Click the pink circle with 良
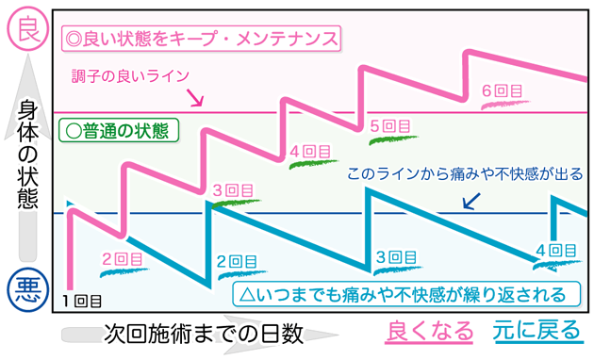pyautogui.click(x=25, y=28)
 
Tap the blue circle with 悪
pyautogui.click(x=25, y=291)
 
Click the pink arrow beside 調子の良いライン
pyautogui.click(x=196, y=97)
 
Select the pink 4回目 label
pyautogui.click(x=310, y=150)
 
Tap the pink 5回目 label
pyautogui.click(x=390, y=125)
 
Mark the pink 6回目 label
pyautogui.click(x=501, y=91)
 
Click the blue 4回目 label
pyautogui.click(x=555, y=250)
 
